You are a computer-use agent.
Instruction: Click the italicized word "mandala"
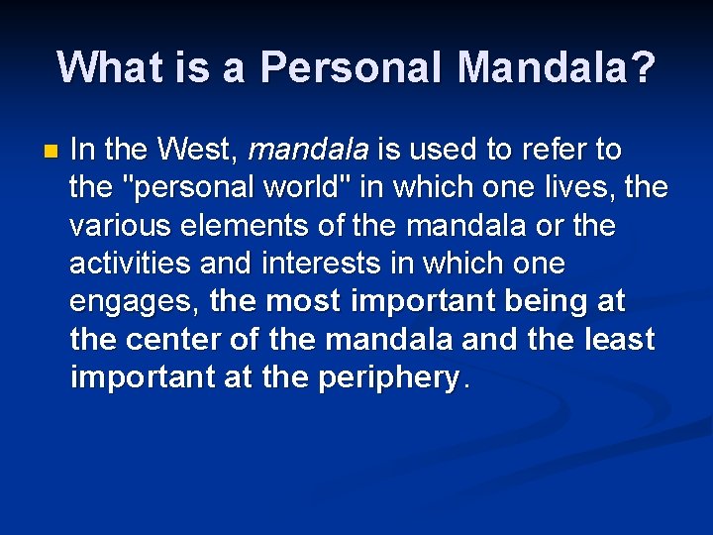click(x=309, y=151)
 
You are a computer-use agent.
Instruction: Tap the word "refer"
click(x=551, y=151)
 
